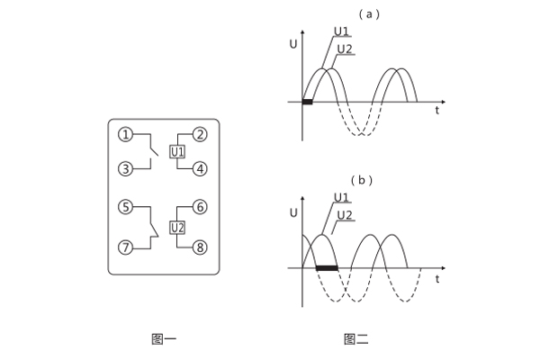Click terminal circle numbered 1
126,134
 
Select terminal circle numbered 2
201,134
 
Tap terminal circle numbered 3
126,168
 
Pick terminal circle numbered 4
201,168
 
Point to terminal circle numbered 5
126,207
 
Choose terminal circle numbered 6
201,207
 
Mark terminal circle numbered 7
126,247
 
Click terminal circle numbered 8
201,247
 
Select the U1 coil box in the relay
177,151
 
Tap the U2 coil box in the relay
177,227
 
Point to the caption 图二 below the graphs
356,339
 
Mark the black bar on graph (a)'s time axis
307,102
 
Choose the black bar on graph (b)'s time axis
326,267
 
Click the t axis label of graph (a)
437,112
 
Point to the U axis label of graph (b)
293,212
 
